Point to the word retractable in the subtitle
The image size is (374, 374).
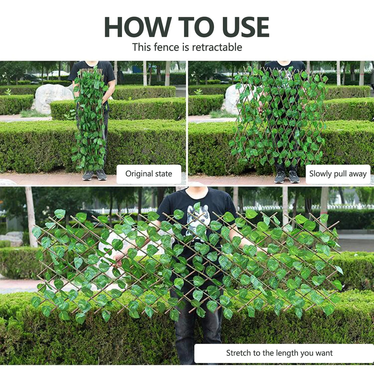217,47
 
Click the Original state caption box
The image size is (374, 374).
149,174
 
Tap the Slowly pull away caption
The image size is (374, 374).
338,174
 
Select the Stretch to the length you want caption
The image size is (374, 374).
280,353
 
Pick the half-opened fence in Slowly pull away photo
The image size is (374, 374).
278,116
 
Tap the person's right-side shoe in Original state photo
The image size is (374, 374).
101,175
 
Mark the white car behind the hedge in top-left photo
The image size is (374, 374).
58,74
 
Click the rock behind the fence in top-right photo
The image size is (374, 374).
232,100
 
